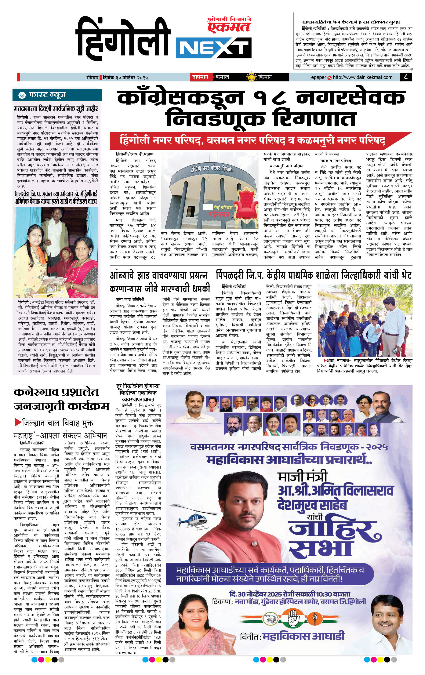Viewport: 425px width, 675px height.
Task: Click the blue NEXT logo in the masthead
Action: [x=214, y=48]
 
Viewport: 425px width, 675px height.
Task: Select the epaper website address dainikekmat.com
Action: [x=363, y=77]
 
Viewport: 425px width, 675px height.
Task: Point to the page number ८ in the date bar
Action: [x=406, y=77]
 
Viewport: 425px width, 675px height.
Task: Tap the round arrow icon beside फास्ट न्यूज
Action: [x=22, y=95]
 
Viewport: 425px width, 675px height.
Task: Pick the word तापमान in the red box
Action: [x=200, y=77]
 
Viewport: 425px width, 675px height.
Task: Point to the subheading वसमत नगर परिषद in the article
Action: [x=336, y=161]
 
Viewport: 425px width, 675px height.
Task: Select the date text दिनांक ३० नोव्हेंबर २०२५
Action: [x=125, y=77]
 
